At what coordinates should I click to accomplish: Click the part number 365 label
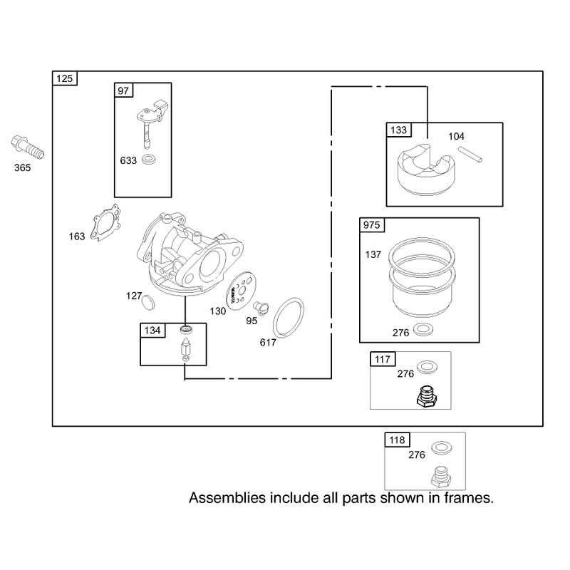(x=23, y=167)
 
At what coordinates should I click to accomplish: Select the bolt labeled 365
(x=27, y=147)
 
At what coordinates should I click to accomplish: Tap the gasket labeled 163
(x=105, y=222)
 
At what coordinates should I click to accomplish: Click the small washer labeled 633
(x=148, y=159)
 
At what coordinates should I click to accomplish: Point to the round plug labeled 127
(x=148, y=302)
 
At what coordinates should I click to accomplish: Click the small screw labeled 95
(x=261, y=308)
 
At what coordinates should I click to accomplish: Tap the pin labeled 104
(x=470, y=154)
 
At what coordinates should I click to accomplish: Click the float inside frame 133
(x=425, y=170)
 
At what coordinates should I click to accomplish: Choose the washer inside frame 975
(x=423, y=329)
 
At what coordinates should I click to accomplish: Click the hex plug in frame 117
(x=427, y=396)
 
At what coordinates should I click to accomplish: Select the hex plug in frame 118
(x=441, y=477)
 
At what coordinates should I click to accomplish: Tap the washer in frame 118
(x=442, y=448)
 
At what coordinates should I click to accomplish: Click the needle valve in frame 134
(x=186, y=349)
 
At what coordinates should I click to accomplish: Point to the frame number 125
(x=65, y=78)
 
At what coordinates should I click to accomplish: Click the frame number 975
(x=371, y=225)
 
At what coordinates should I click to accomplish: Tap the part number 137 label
(x=373, y=254)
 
